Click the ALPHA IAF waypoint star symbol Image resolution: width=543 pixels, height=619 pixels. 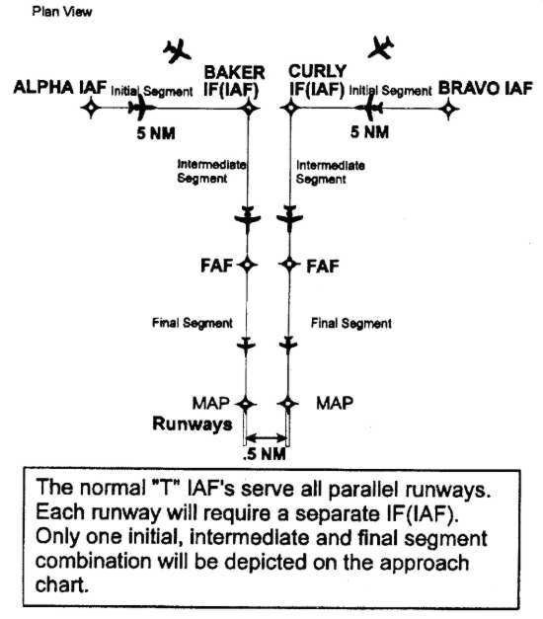(91, 108)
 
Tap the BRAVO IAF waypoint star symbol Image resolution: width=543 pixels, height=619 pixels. (448, 109)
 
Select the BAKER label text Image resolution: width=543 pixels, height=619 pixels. (235, 73)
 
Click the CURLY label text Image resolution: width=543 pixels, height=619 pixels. (318, 71)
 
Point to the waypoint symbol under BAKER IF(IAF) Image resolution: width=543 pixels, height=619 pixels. (249, 108)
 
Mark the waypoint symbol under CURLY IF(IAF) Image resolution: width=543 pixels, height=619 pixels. (291, 108)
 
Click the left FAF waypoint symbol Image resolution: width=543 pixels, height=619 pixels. (247, 265)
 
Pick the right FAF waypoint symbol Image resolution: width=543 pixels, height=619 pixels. (289, 265)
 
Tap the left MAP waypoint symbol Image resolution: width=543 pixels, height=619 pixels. (246, 404)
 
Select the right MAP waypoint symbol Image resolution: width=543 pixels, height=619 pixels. (288, 404)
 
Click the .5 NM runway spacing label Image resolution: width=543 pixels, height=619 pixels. (265, 454)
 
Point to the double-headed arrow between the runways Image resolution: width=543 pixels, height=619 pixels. (267, 437)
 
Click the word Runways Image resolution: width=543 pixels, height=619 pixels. (193, 425)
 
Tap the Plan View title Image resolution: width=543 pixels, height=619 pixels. (62, 12)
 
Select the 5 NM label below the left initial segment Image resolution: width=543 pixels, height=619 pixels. (156, 133)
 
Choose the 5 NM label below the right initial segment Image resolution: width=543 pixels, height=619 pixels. (369, 132)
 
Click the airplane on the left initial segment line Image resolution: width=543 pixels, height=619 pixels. (141, 107)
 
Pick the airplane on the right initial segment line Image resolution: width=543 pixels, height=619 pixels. (368, 108)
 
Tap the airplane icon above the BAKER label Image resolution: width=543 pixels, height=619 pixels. (177, 51)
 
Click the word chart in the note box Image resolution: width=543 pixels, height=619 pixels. (61, 585)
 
